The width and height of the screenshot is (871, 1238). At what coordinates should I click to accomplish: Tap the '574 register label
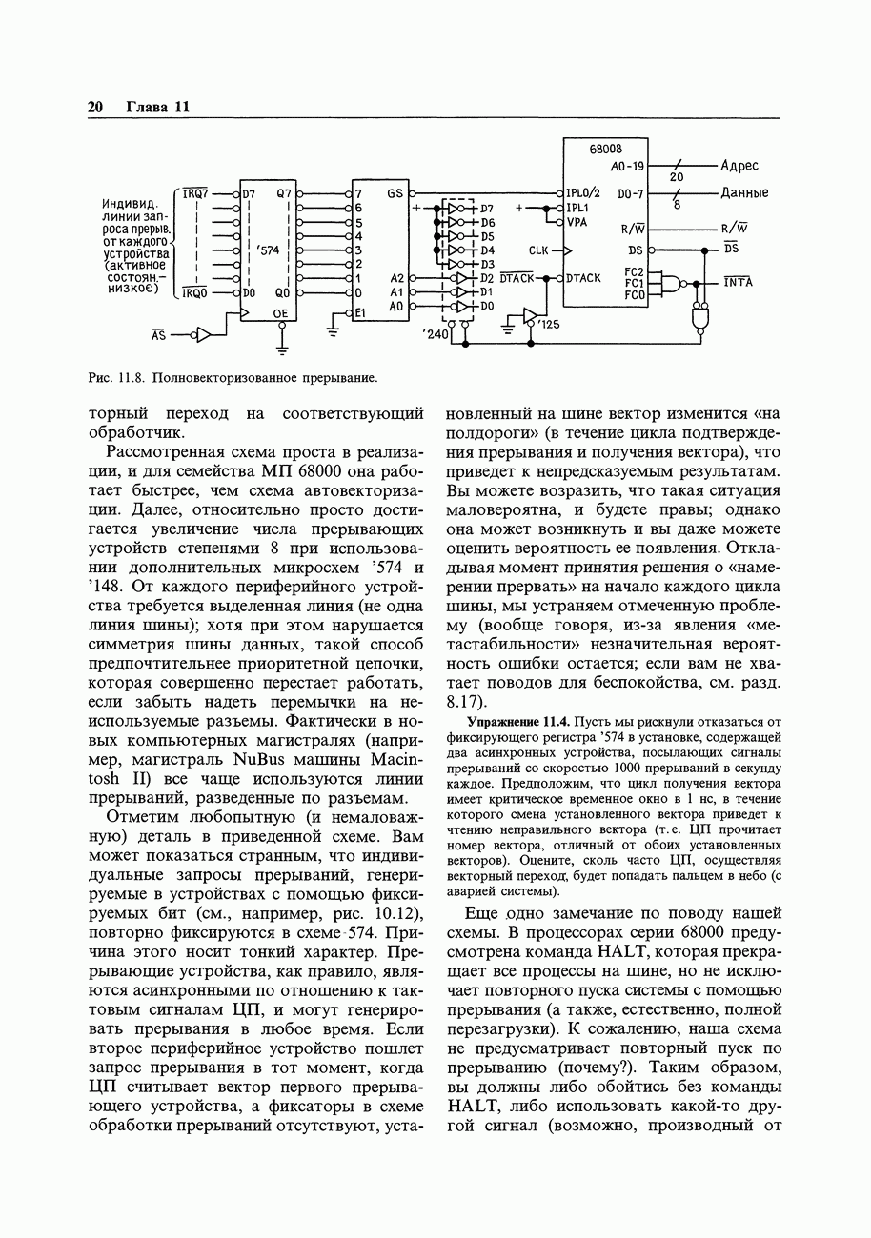pyautogui.click(x=269, y=250)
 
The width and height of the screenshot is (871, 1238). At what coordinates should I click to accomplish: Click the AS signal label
pyautogui.click(x=159, y=335)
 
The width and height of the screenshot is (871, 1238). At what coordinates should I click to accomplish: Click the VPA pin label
pyautogui.click(x=577, y=222)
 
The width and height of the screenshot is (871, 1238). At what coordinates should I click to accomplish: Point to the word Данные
pyautogui.click(x=744, y=193)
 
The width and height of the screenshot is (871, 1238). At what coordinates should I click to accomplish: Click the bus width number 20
pyautogui.click(x=677, y=177)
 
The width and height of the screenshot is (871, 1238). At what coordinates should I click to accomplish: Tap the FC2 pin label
pyautogui.click(x=635, y=271)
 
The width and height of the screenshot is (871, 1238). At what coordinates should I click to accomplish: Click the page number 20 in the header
pyautogui.click(x=95, y=107)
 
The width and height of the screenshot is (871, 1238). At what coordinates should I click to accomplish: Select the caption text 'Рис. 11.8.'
pyautogui.click(x=114, y=378)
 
